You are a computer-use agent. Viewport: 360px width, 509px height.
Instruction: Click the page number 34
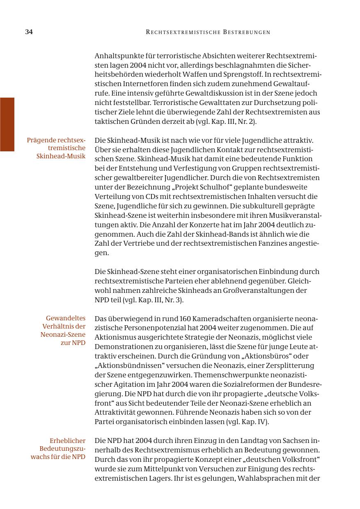(29, 32)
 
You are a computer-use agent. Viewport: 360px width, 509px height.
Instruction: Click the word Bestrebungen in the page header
(247, 32)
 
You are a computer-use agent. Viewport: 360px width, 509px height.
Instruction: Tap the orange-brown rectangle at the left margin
(7, 124)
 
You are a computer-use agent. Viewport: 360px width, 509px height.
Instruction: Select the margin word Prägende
(41, 140)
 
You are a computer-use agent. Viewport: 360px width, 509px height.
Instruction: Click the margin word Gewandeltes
(66, 318)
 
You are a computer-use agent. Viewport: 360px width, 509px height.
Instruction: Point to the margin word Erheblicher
(67, 441)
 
